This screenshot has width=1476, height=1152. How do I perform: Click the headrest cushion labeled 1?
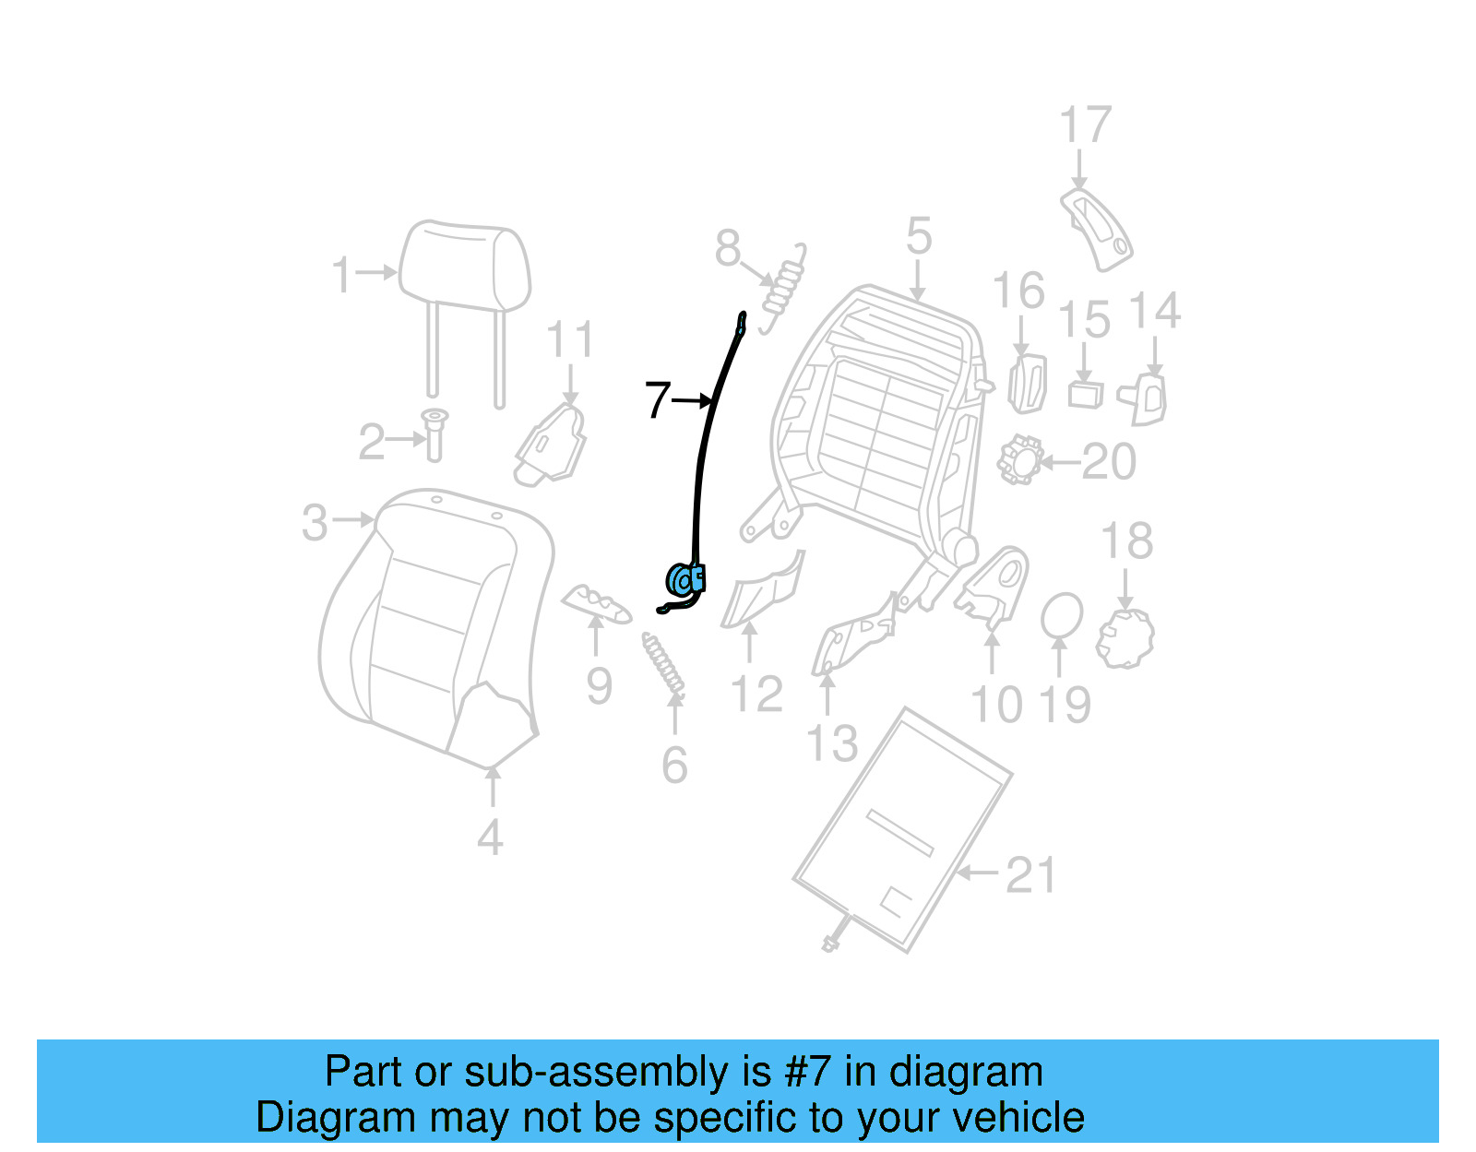[465, 267]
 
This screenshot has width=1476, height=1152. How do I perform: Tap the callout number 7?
[657, 400]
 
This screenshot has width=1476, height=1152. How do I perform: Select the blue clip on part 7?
[686, 580]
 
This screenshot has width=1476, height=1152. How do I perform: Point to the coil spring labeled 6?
[664, 664]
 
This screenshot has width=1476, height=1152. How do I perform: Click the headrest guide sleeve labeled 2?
[434, 435]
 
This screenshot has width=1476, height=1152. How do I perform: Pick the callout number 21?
[1030, 874]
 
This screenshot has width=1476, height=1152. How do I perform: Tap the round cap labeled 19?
[1062, 616]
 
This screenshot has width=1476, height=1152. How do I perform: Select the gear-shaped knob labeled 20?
[1020, 459]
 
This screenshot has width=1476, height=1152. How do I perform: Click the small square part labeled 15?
[1085, 394]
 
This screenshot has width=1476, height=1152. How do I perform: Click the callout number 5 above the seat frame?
[918, 237]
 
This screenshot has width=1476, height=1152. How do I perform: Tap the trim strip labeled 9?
[596, 604]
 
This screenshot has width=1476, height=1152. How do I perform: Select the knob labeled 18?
[1125, 637]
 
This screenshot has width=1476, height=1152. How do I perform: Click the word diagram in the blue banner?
[965, 1073]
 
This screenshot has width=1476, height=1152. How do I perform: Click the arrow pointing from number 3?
[353, 520]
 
